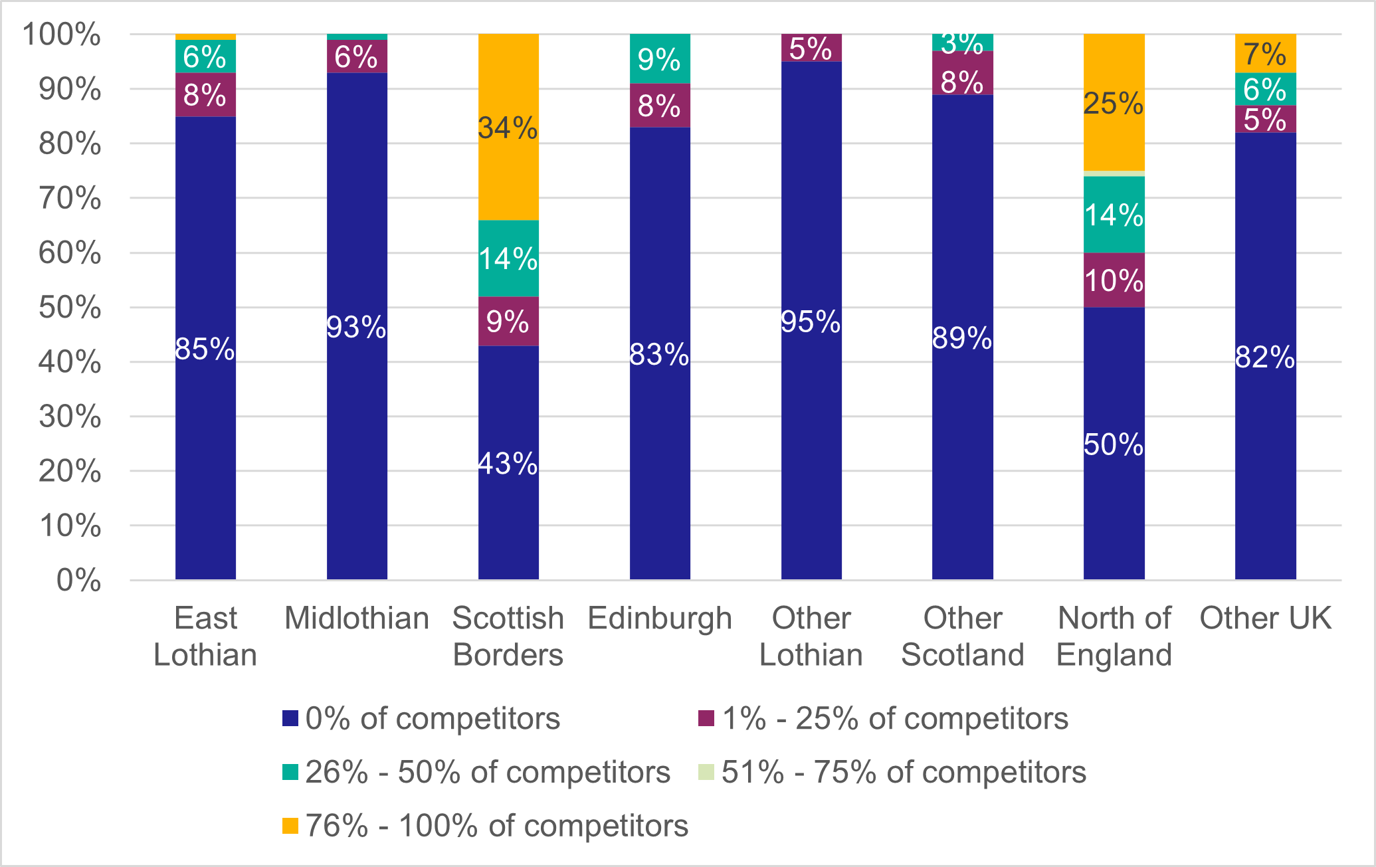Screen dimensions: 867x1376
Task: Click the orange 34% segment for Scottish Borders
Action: [x=508, y=127]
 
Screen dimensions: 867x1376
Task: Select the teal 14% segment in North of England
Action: [x=1114, y=214]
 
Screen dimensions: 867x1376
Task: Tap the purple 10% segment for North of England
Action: [x=1114, y=280]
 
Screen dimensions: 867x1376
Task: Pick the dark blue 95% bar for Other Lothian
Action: [x=811, y=320]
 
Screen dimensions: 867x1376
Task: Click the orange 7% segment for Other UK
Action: [x=1265, y=53]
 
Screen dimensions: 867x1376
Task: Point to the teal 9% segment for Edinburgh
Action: [x=659, y=59]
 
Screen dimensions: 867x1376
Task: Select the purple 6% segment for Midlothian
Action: [x=357, y=56]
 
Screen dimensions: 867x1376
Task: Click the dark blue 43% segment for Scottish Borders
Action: [x=508, y=462]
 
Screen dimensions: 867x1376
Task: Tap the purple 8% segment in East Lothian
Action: [x=205, y=94]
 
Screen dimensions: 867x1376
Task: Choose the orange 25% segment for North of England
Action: [x=1114, y=102]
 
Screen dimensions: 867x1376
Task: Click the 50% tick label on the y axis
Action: [x=70, y=308]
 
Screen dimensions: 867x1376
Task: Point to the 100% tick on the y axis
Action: [x=62, y=35]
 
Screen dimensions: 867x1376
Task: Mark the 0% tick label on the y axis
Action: [x=79, y=581]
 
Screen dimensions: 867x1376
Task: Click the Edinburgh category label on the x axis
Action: [x=660, y=619]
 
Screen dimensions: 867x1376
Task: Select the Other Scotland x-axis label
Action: [x=962, y=636]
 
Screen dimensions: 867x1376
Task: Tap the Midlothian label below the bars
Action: [x=357, y=619]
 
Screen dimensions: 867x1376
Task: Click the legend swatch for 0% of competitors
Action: [x=290, y=718]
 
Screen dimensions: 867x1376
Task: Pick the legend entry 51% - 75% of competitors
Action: [x=904, y=772]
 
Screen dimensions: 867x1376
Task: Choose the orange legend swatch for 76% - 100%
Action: [x=290, y=826]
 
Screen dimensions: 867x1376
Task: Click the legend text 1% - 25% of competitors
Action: [x=895, y=718]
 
